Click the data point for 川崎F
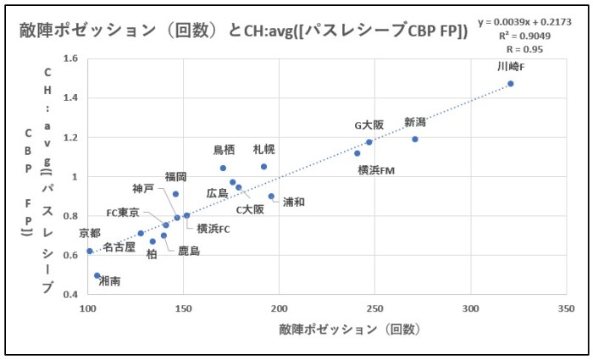point(511,84)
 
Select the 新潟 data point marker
point(415,139)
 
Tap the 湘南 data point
point(97,276)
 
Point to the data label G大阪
point(369,125)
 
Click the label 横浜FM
point(376,169)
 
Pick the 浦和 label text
point(294,202)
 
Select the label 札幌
point(263,149)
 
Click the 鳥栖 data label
point(224,150)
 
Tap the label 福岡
point(176,176)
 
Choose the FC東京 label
point(123,213)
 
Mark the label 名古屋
point(119,246)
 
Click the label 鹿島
point(189,251)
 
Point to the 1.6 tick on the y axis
point(69,59)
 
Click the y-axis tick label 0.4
point(69,294)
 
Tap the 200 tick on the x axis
point(279,309)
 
